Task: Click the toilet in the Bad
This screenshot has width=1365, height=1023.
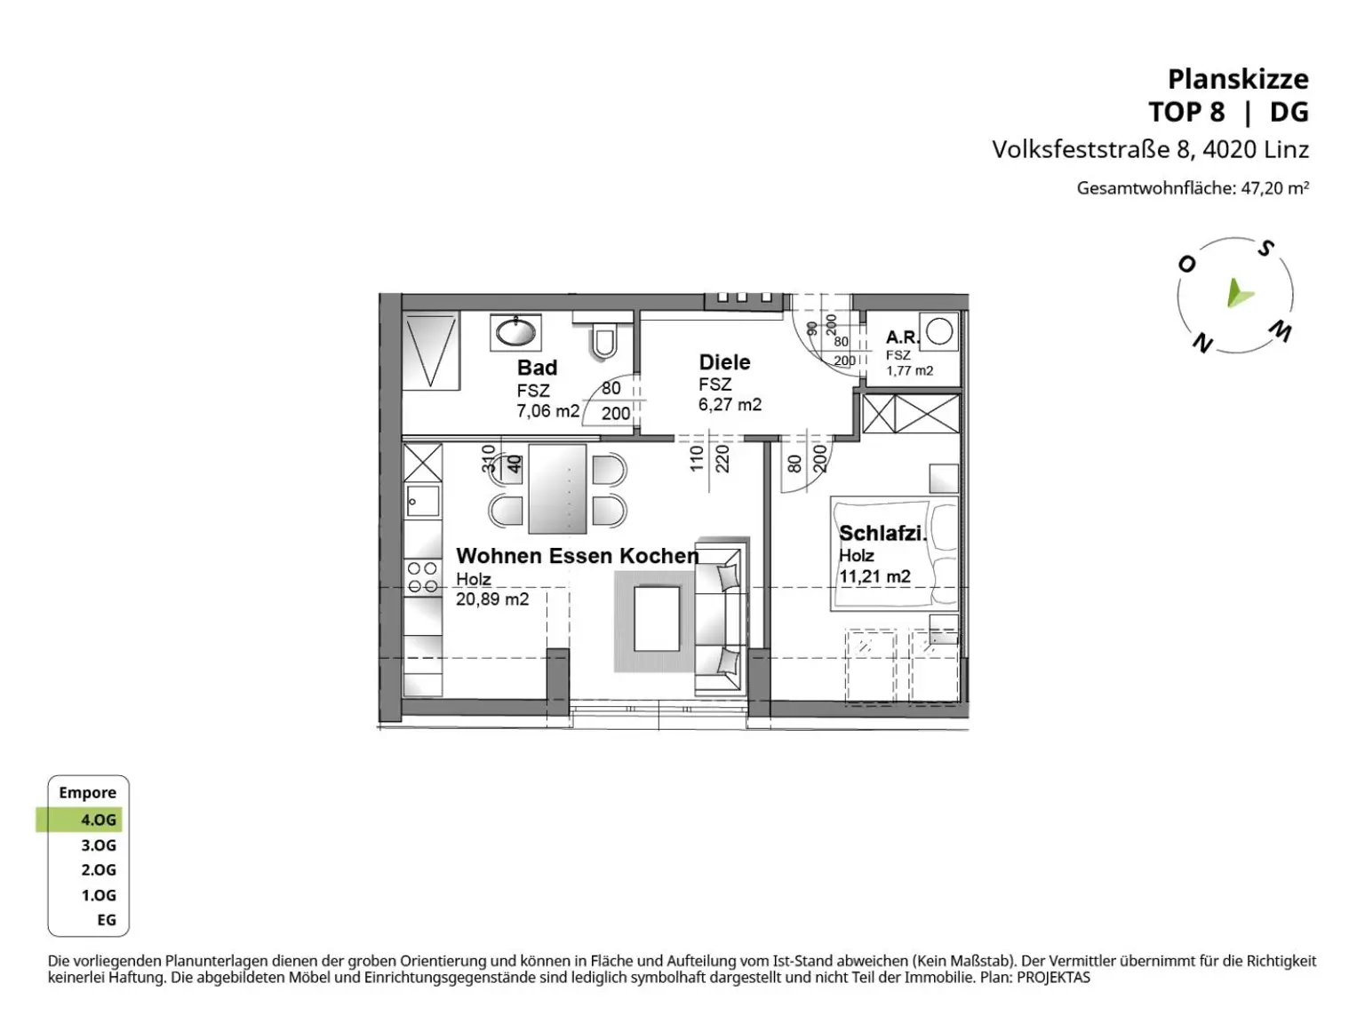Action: [603, 340]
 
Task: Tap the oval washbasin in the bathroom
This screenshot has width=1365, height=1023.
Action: [515, 332]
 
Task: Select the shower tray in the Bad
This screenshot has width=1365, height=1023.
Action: [430, 350]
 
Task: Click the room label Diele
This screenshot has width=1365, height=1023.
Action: [724, 362]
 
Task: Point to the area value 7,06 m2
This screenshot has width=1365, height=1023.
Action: [547, 411]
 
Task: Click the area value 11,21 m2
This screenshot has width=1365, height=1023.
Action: [874, 576]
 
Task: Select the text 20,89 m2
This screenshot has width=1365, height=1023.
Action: [492, 599]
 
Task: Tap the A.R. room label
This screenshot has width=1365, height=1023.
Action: [902, 337]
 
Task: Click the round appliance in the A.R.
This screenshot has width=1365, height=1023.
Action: [939, 331]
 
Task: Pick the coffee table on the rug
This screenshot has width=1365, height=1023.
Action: [656, 618]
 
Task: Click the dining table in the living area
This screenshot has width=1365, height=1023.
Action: [557, 488]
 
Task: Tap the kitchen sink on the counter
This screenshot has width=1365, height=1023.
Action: [423, 501]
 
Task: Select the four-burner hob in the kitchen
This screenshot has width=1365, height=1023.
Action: [422, 577]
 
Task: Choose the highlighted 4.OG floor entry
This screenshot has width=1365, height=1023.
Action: [80, 820]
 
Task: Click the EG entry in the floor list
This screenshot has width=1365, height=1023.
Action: [107, 920]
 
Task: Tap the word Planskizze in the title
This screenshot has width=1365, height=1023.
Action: [1238, 80]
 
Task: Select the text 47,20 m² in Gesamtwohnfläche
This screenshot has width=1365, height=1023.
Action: [1275, 188]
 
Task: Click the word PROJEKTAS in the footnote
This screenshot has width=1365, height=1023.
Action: [1053, 978]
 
